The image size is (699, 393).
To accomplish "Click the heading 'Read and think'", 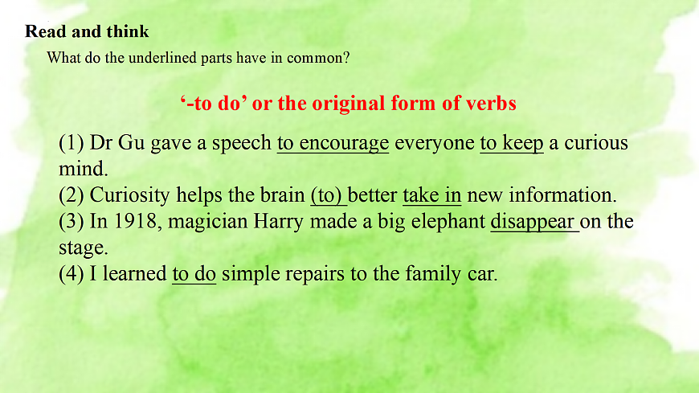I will coord(87,32).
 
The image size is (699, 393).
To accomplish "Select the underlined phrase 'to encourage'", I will coord(333,144).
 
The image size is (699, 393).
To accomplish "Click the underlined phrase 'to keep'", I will coord(512,144).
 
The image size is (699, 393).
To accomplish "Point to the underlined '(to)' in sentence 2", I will coord(328,195).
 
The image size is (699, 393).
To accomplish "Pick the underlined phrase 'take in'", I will coord(431,195).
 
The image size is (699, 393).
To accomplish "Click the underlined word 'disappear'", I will coord(533,221).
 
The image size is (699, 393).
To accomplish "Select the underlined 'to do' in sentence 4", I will coord(194,273).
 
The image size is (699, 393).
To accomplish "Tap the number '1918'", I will coord(136,221).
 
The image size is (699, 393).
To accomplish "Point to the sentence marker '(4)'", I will coord(72,273).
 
